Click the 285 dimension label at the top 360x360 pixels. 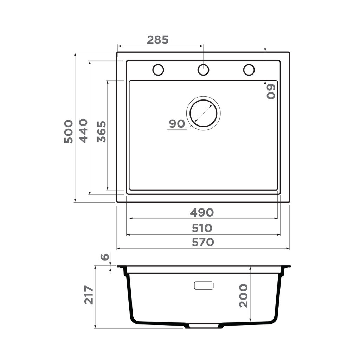[x=158, y=40]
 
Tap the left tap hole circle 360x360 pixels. [x=158, y=70]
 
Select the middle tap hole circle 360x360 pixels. [x=203, y=70]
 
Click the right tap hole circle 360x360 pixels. [x=249, y=70]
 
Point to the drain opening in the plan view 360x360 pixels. [x=203, y=113]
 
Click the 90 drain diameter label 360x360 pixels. [x=177, y=124]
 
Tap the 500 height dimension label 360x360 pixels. [x=69, y=131]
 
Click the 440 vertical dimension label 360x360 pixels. [x=83, y=130]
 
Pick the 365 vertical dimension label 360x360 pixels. [x=102, y=131]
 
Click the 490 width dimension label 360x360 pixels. [x=202, y=212]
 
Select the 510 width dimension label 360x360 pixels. [x=202, y=228]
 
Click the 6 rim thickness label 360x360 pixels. [x=104, y=257]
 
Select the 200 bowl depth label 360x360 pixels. [x=243, y=296]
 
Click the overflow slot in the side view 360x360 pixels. [x=204, y=285]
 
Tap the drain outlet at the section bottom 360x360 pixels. [x=204, y=326]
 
